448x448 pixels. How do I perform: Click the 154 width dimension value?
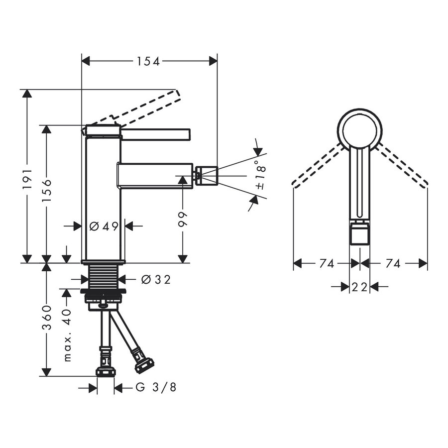(x=148, y=61)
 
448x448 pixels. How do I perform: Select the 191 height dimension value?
(x=28, y=179)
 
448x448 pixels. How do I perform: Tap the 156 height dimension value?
(x=47, y=191)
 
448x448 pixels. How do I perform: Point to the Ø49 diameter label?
(x=104, y=226)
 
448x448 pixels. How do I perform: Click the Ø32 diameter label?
(x=156, y=279)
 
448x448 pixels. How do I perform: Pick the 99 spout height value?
(x=182, y=220)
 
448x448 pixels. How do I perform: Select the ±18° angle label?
(x=260, y=175)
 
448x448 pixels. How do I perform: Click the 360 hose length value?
(x=47, y=317)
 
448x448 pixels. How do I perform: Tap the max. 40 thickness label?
(x=67, y=335)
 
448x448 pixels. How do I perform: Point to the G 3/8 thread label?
(x=156, y=387)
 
